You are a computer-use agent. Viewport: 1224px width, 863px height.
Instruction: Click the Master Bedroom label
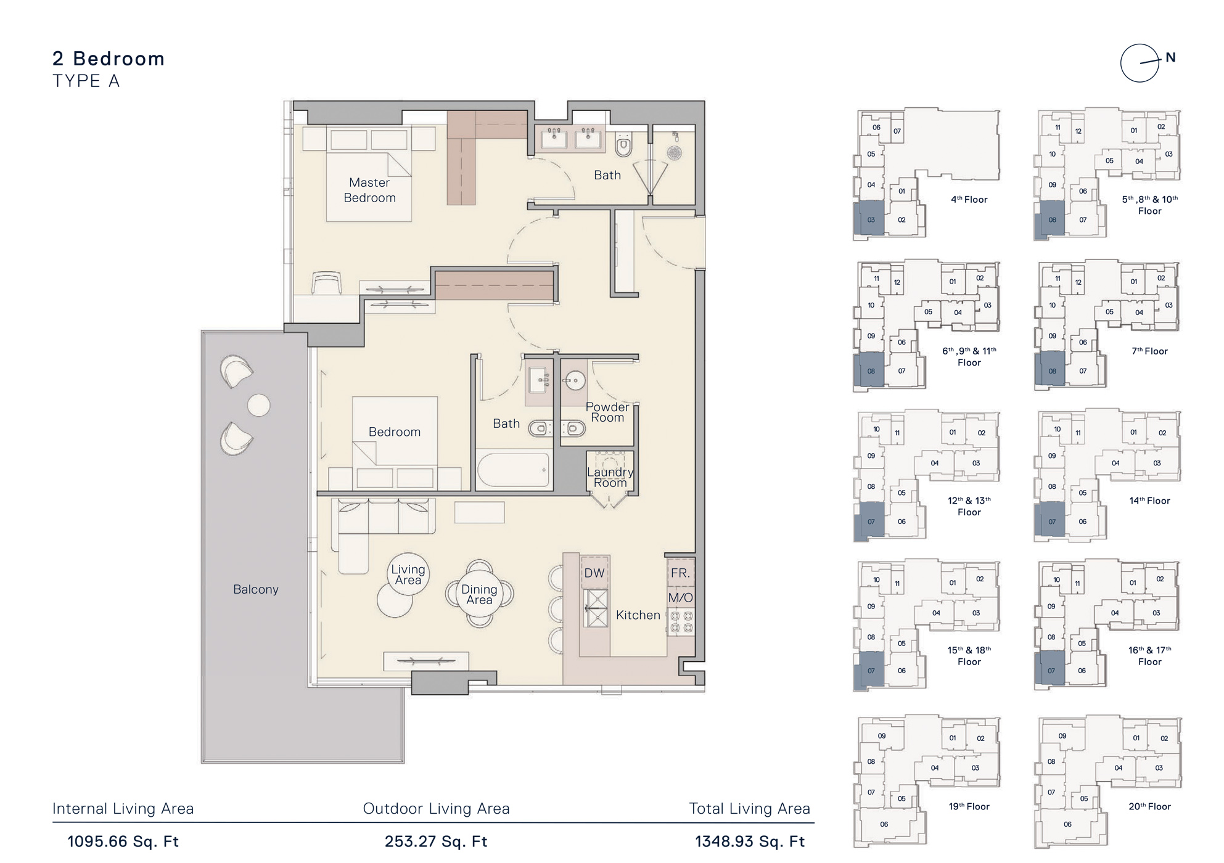[369, 190]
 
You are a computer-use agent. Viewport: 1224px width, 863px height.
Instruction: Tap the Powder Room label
[607, 412]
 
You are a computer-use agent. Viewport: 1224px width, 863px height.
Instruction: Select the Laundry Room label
[610, 477]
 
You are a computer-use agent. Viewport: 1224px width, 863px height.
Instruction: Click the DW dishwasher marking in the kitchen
[594, 573]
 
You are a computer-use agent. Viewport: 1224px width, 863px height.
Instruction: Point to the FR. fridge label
[680, 573]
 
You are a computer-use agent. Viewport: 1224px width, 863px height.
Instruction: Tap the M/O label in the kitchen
[680, 597]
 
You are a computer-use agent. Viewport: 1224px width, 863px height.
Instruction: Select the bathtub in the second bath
[513, 470]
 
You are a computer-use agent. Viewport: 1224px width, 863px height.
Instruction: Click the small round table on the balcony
[258, 405]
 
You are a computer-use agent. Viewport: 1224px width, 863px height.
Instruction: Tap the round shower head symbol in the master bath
[675, 153]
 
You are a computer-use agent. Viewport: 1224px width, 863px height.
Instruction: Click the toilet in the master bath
[624, 146]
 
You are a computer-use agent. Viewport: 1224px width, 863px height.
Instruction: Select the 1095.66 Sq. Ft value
[123, 841]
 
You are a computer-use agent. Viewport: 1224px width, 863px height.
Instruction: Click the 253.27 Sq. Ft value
[436, 841]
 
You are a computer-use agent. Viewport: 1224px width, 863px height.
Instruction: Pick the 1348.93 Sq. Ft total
[750, 841]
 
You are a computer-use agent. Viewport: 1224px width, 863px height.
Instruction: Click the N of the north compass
[1170, 57]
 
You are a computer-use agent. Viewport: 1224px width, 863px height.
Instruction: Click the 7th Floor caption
[1149, 351]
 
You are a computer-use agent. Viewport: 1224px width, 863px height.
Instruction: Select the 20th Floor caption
[1149, 806]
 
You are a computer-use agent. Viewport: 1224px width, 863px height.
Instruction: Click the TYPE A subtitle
[86, 81]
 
